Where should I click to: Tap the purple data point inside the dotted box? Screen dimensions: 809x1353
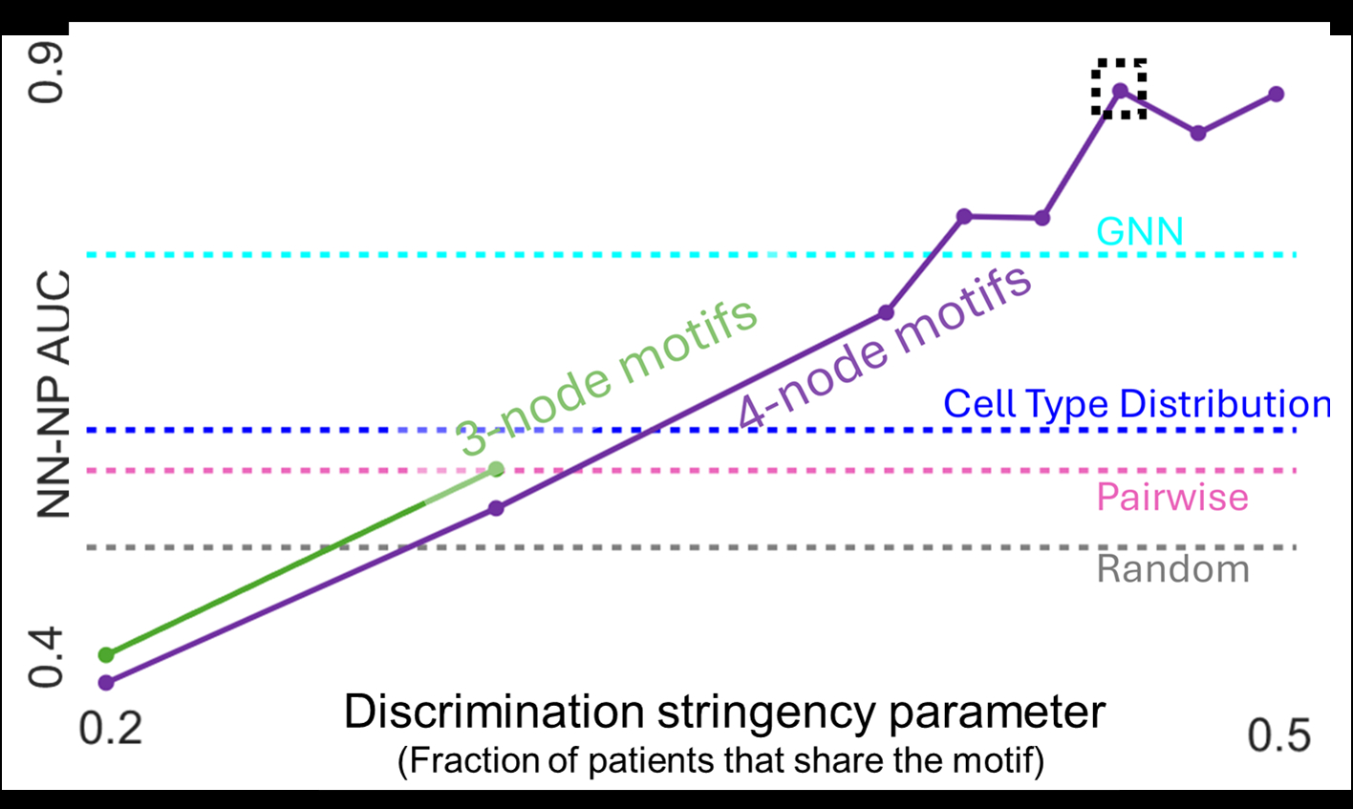1120,91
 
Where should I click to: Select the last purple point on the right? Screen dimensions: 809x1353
1277,94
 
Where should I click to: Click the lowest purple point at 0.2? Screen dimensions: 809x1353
106,682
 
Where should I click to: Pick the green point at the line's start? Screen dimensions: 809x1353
106,654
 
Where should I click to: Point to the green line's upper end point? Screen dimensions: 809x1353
496,468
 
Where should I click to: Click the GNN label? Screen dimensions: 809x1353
1139,231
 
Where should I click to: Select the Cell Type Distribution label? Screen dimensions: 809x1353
1136,404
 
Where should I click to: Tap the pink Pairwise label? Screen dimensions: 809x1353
1171,497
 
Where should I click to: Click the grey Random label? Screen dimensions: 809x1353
1172,569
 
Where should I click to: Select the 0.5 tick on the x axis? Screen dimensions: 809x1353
1279,735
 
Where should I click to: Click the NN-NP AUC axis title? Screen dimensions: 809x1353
54,394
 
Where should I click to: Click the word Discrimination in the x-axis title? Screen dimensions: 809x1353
494,713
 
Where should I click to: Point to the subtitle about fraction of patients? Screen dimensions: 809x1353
720,761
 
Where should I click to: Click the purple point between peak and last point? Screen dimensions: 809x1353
1198,133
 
